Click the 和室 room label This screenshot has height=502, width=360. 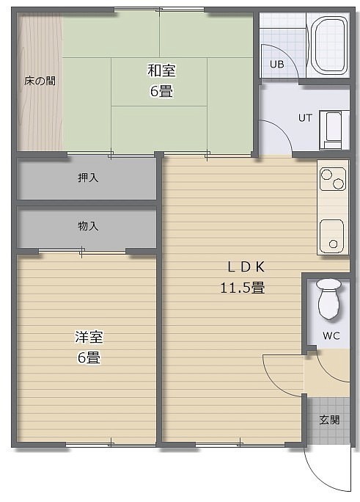tap(161, 70)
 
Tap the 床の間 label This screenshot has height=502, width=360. tap(40, 81)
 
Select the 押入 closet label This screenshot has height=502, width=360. tap(88, 178)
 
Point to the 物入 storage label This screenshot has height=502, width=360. tap(88, 226)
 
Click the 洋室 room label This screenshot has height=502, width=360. tap(89, 337)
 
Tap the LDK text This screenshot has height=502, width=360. tap(246, 267)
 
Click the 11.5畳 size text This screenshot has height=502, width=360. tap(243, 288)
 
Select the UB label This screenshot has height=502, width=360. tap(277, 65)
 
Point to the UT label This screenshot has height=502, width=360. tap(305, 118)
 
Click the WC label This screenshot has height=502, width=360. tap(331, 336)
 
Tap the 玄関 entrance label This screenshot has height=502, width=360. tap(329, 420)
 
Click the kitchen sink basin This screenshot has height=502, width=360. tap(332, 236)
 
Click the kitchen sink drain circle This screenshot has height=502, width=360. tap(333, 244)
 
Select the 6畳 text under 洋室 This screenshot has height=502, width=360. tap(89, 357)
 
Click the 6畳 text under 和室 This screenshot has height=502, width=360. tap(161, 91)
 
